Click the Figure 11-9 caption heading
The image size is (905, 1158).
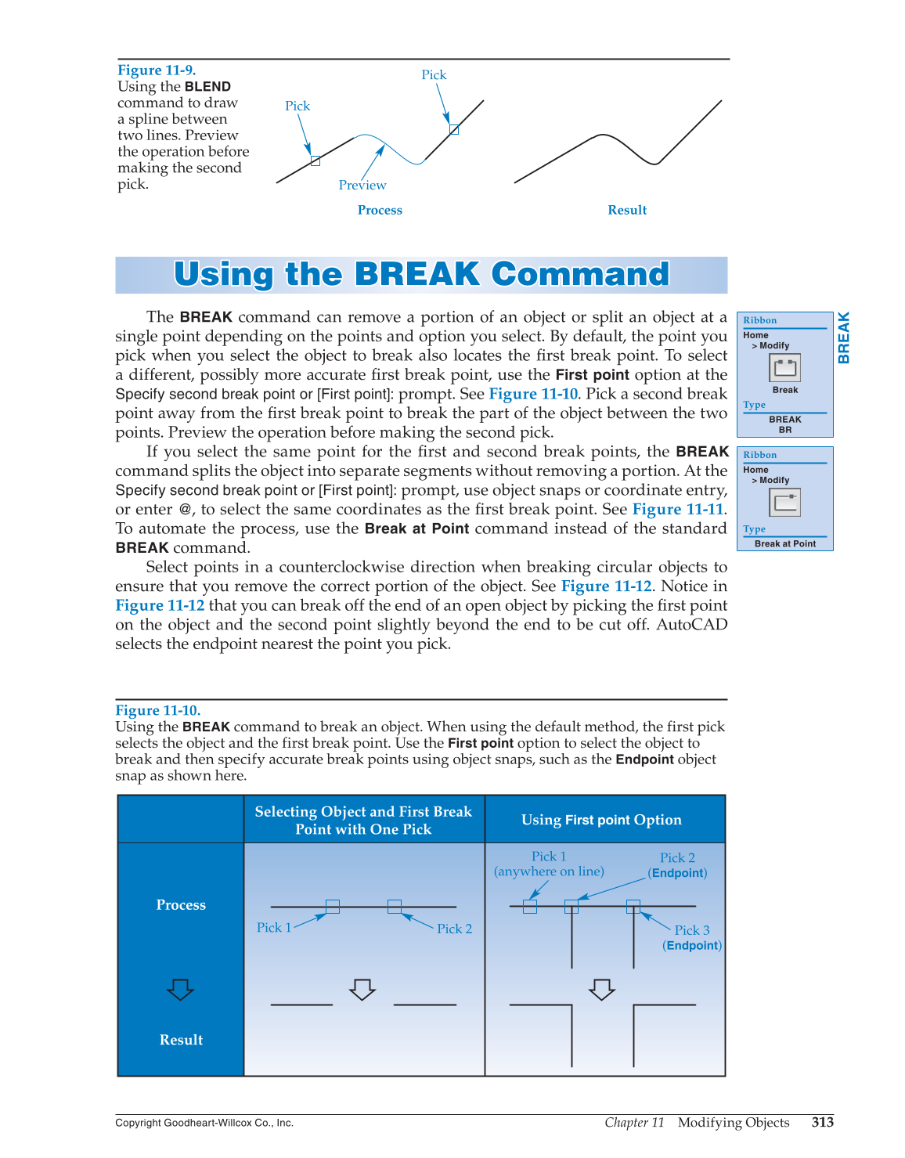click(157, 70)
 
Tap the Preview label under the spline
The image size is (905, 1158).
click(362, 186)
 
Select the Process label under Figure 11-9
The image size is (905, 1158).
click(380, 210)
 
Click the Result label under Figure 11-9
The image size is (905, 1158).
click(627, 210)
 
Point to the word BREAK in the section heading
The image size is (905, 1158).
click(416, 275)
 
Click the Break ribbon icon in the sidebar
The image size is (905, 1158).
click(784, 368)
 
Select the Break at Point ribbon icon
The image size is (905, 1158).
click(784, 503)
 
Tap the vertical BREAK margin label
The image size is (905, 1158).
click(844, 337)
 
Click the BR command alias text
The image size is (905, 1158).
click(785, 430)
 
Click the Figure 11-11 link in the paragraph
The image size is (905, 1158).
click(678, 510)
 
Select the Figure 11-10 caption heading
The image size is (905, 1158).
click(157, 710)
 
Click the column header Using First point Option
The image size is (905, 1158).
click(601, 820)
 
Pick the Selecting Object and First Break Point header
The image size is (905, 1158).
click(363, 820)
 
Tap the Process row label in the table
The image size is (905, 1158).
click(181, 905)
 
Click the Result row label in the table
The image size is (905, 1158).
click(181, 1040)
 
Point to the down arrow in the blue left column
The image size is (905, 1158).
click(180, 990)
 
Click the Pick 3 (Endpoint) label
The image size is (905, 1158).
click(692, 937)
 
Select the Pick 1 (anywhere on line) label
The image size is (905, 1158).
click(549, 864)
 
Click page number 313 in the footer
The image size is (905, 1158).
click(822, 1122)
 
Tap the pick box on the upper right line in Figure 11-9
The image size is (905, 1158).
click(454, 129)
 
